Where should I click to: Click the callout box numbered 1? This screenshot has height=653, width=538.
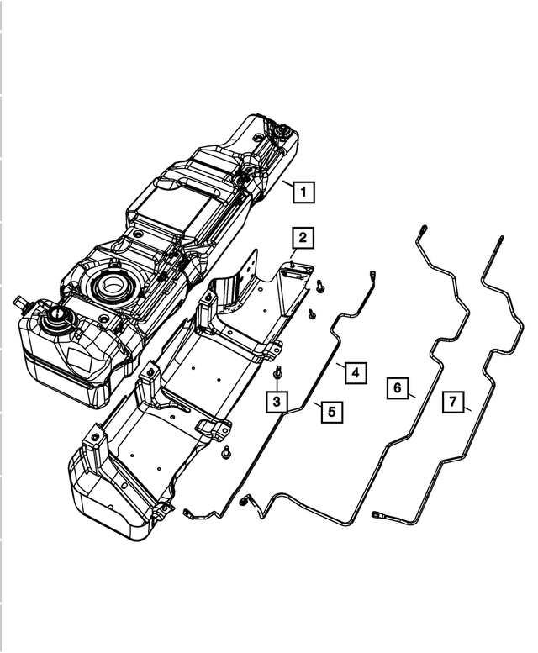point(303,192)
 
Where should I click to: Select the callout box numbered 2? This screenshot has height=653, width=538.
point(303,238)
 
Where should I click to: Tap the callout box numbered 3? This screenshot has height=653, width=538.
point(277,403)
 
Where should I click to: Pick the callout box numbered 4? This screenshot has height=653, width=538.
point(356,371)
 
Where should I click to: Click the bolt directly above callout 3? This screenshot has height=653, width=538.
point(278,372)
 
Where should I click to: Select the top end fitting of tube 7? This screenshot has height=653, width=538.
point(501,241)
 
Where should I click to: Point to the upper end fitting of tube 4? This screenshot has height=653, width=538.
point(371,274)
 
